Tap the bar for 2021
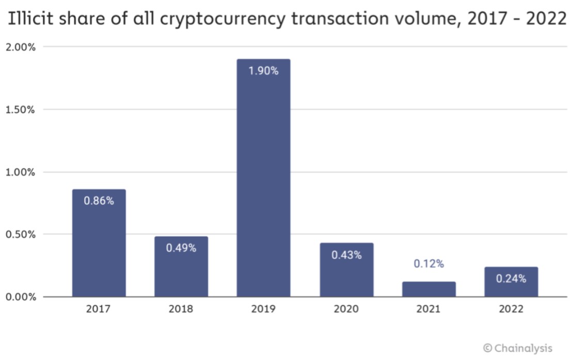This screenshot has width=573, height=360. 428,289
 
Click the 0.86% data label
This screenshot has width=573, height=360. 99,201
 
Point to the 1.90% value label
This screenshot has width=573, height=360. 263,71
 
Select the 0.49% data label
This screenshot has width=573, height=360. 181,248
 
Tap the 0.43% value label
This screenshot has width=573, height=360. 346,255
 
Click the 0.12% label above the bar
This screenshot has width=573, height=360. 428,264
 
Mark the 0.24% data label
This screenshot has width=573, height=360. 511,278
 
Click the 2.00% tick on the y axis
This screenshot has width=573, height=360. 21,47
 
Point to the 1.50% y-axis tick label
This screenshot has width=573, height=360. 21,109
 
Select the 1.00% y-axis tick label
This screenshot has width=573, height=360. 21,172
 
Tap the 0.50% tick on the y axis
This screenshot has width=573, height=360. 21,234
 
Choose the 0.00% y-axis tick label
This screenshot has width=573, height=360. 21,297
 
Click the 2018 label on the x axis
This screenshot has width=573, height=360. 181,309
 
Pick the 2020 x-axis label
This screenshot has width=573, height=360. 346,309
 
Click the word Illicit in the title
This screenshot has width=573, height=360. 31,20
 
